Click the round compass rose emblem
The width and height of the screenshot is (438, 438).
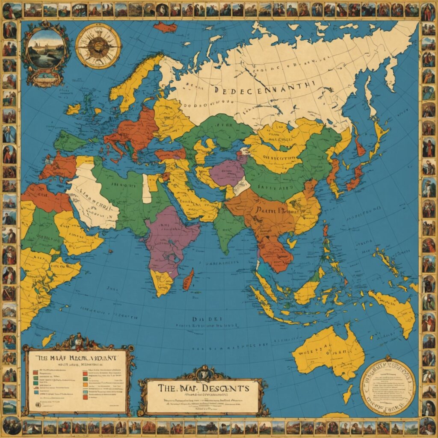click(x=98, y=46)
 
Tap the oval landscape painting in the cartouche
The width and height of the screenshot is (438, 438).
click(x=45, y=49)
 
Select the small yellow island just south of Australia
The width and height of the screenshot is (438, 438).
click(x=348, y=394)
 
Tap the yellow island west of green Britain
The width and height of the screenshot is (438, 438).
click(x=73, y=109)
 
